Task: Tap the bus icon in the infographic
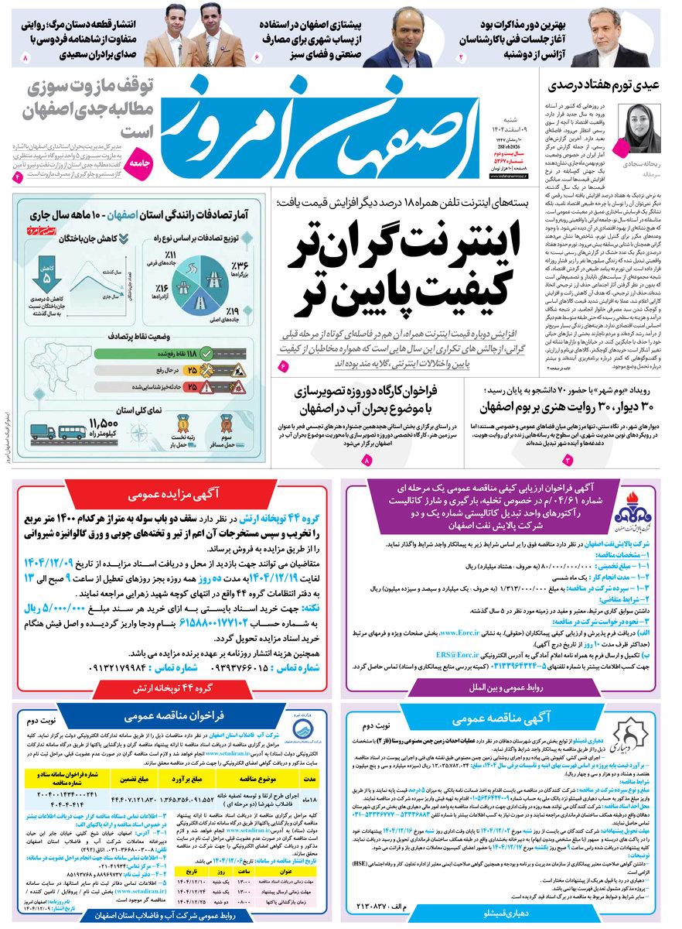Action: point(71,432)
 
